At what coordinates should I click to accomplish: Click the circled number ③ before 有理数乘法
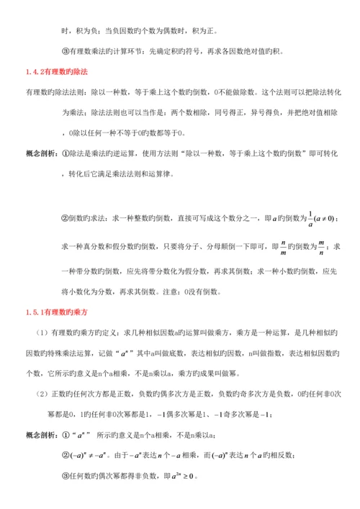tap(66, 51)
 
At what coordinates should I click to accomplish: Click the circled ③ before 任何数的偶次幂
tap(66, 476)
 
